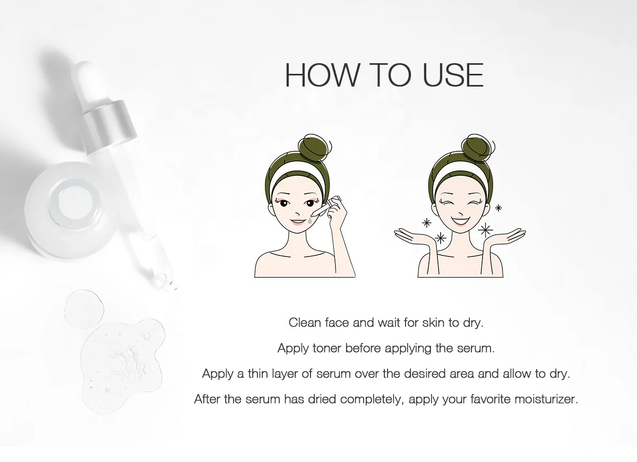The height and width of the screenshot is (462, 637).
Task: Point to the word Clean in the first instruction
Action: tap(305, 322)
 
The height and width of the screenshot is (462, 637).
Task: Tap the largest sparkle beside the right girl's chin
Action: tap(485, 229)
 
